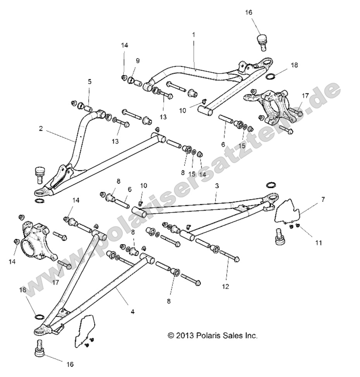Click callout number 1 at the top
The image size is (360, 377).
coord(193,34)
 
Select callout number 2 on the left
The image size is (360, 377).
coord(41,129)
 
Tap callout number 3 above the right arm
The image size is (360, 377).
coord(217,186)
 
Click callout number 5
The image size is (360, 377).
coord(90,82)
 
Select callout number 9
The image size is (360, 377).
coord(138,60)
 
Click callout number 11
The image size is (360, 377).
coord(318,243)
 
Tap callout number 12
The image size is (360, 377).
coord(226,287)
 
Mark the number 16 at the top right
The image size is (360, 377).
coord(248,12)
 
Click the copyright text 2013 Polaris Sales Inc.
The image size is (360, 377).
coord(212,336)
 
